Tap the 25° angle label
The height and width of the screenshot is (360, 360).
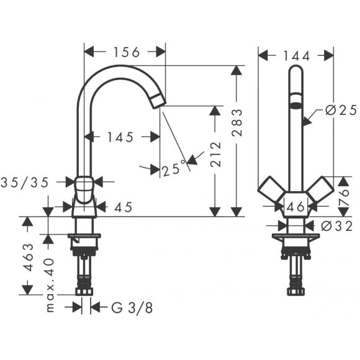[x=174, y=168]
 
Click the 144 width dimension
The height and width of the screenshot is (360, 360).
[x=296, y=55]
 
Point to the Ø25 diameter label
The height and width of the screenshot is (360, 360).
[x=340, y=110]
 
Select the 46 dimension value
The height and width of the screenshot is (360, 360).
[x=295, y=207]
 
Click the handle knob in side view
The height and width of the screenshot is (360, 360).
[x=86, y=184]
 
